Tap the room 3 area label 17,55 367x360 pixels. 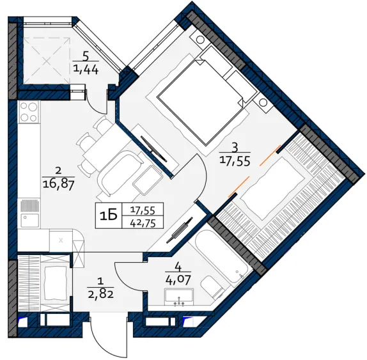pos(235,161)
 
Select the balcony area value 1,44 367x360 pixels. pos(86,69)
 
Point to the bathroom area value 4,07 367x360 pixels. pos(178,279)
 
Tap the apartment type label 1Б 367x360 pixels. pos(109,216)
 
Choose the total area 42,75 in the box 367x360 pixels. pos(143,223)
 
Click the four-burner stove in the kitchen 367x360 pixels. pos(29,112)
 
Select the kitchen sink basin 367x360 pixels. pos(29,220)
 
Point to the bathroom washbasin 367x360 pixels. pos(179,297)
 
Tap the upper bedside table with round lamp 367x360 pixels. pos(199,39)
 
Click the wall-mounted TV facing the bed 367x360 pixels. pos(153,149)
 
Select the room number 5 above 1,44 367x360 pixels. pos(86,56)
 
